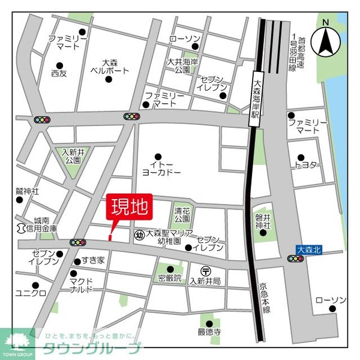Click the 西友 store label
click(59, 73)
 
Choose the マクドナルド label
click(80, 284)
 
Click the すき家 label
click(94, 261)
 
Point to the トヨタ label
click(305, 164)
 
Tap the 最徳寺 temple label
click(209, 331)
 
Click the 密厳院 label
click(170, 278)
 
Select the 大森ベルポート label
click(109, 66)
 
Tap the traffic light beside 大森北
click(295, 259)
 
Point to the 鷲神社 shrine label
click(28, 191)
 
